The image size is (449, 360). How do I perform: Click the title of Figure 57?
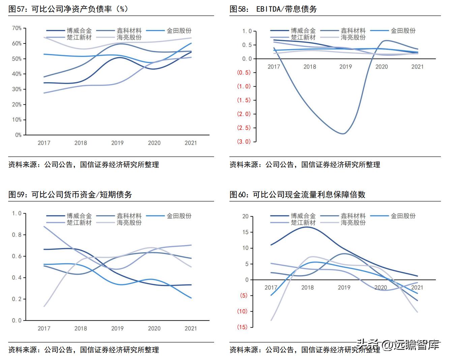68,9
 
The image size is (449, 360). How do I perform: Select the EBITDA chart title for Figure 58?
273,9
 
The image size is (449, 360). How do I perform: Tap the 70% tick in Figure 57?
17,28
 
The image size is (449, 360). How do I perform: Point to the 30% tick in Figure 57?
17,89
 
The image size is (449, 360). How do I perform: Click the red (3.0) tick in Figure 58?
244,141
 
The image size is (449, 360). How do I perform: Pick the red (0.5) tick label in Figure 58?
244,72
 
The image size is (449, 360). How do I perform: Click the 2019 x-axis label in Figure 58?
346,67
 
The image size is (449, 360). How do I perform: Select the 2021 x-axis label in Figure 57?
190,143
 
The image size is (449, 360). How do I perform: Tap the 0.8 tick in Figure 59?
17,235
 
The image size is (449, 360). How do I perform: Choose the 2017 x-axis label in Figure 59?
44,328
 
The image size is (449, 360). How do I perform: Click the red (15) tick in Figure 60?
242,327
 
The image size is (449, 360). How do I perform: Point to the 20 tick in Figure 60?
245,217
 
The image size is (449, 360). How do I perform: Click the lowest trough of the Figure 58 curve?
343,134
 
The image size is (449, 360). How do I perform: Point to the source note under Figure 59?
84,350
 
